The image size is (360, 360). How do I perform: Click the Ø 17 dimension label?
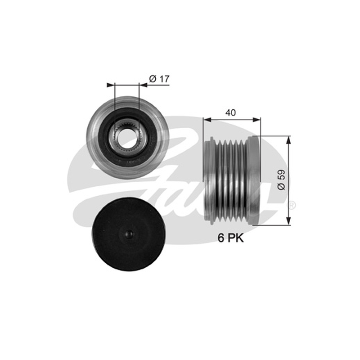159,79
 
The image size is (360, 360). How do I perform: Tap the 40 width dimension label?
230,113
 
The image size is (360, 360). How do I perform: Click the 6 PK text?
230,238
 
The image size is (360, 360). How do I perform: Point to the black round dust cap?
129,234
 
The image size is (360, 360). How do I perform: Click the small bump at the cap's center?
129,234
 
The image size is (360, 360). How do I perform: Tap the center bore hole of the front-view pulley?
127,138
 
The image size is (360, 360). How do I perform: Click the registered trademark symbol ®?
292,205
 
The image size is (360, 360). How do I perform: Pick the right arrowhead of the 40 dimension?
256,119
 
